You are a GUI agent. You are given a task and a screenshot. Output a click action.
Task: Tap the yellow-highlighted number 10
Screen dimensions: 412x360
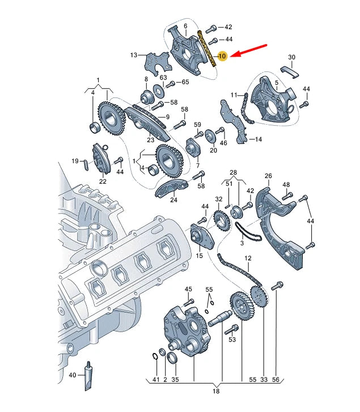pyautogui.click(x=222, y=56)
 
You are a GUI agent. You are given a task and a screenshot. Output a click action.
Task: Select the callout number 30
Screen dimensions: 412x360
pyautogui.click(x=291, y=57)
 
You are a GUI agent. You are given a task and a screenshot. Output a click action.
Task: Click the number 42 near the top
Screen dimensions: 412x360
pyautogui.click(x=228, y=27)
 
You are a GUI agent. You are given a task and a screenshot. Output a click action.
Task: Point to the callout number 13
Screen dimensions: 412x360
pyautogui.click(x=134, y=55)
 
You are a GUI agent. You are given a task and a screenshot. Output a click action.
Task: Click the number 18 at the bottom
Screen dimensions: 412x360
pyautogui.click(x=215, y=390)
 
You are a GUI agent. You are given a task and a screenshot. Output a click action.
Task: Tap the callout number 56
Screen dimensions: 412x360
pyautogui.click(x=277, y=379)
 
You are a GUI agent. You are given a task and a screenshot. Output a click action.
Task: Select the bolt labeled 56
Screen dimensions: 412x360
pyautogui.click(x=278, y=287)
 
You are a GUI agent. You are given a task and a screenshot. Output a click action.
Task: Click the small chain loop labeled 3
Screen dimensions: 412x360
pyautogui.click(x=247, y=233)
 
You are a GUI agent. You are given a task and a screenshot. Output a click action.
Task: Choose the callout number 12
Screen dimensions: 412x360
pyautogui.click(x=248, y=258)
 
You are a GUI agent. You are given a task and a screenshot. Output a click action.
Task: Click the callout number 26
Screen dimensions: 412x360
pyautogui.click(x=268, y=176)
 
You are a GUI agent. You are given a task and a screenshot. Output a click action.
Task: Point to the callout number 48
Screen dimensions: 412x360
pyautogui.click(x=286, y=185)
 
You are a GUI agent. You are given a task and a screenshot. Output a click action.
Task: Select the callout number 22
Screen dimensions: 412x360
pyautogui.click(x=103, y=181)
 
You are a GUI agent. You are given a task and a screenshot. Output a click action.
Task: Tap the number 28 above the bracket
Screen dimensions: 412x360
pyautogui.click(x=234, y=172)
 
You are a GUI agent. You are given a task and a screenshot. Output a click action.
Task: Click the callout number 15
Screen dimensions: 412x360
pyautogui.click(x=199, y=256)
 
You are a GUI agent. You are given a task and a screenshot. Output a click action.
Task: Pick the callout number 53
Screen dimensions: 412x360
pyautogui.click(x=232, y=340)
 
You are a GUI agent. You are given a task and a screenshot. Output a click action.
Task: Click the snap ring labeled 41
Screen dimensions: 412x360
pyautogui.click(x=155, y=356)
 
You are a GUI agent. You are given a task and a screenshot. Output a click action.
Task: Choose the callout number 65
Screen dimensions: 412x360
pyautogui.click(x=185, y=82)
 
